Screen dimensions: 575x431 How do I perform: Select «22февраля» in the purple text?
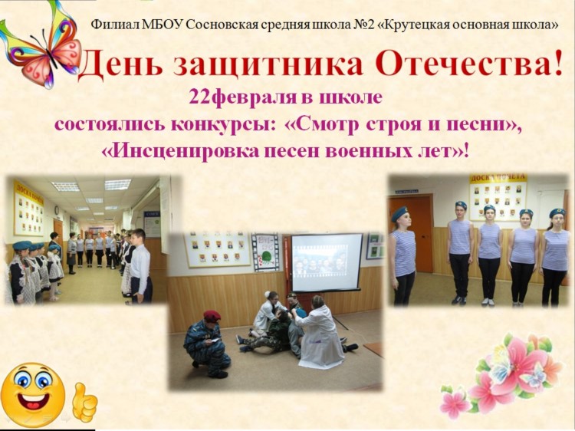point(242,97)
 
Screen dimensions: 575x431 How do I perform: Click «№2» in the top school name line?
point(363,25)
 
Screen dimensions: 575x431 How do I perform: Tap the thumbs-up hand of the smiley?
point(84,402)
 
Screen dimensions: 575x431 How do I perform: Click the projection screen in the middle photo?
point(327,262)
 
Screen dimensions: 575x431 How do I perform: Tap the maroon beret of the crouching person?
point(212,315)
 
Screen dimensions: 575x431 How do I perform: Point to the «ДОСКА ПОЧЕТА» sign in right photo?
point(499,178)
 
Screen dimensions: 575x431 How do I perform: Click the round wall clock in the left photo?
point(58,210)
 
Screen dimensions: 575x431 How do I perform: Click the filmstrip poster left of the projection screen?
point(265,252)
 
